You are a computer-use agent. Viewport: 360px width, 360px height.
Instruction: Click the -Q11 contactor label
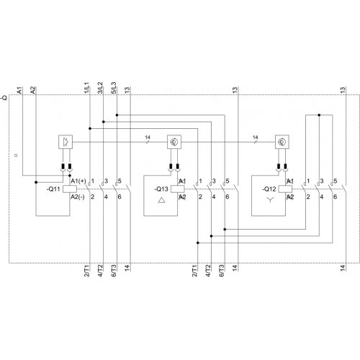click(53, 189)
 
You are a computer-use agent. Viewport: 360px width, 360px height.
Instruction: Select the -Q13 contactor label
click(161, 189)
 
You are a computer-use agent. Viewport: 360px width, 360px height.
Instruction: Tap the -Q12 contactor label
click(269, 189)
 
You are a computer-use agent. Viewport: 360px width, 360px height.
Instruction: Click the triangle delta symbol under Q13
click(162, 200)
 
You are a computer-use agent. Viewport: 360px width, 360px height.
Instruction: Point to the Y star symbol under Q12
click(270, 200)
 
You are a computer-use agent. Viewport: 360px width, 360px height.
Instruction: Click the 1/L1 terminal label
click(86, 88)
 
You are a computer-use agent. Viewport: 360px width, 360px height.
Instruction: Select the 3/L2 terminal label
click(100, 88)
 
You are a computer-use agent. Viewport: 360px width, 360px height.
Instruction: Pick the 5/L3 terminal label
click(114, 88)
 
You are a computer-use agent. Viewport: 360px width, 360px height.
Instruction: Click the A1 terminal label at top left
click(19, 91)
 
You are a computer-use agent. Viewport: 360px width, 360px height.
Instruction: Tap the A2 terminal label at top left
click(32, 90)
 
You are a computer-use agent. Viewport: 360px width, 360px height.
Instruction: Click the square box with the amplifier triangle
click(66, 142)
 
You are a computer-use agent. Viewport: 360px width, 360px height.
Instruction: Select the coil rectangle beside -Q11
click(70, 189)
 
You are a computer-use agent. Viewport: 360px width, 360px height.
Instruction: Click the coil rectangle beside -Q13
click(178, 189)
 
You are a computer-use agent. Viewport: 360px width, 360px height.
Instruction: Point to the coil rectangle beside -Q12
click(285, 189)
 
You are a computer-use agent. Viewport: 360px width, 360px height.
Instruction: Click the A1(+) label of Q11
click(78, 181)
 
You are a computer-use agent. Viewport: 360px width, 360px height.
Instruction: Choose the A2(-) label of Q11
click(78, 197)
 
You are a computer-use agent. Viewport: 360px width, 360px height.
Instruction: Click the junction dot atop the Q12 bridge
click(319, 115)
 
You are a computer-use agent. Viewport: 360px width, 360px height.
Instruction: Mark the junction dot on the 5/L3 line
click(117, 115)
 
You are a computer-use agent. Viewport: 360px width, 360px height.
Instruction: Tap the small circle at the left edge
click(16, 156)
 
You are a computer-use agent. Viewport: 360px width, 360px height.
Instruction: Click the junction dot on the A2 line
click(36, 182)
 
